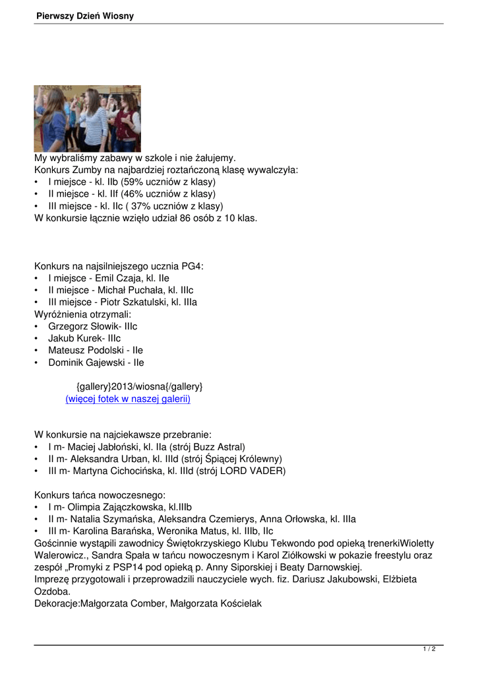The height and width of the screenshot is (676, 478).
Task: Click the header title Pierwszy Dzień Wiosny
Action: tap(85, 16)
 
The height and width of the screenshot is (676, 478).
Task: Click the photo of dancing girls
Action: tap(87, 119)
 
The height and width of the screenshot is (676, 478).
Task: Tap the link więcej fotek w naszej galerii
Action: tap(128, 399)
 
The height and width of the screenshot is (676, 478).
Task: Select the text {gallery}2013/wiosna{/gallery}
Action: tap(139, 386)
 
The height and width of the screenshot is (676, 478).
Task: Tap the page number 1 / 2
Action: tap(429, 649)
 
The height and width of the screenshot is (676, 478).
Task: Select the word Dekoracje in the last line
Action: tap(56, 603)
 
